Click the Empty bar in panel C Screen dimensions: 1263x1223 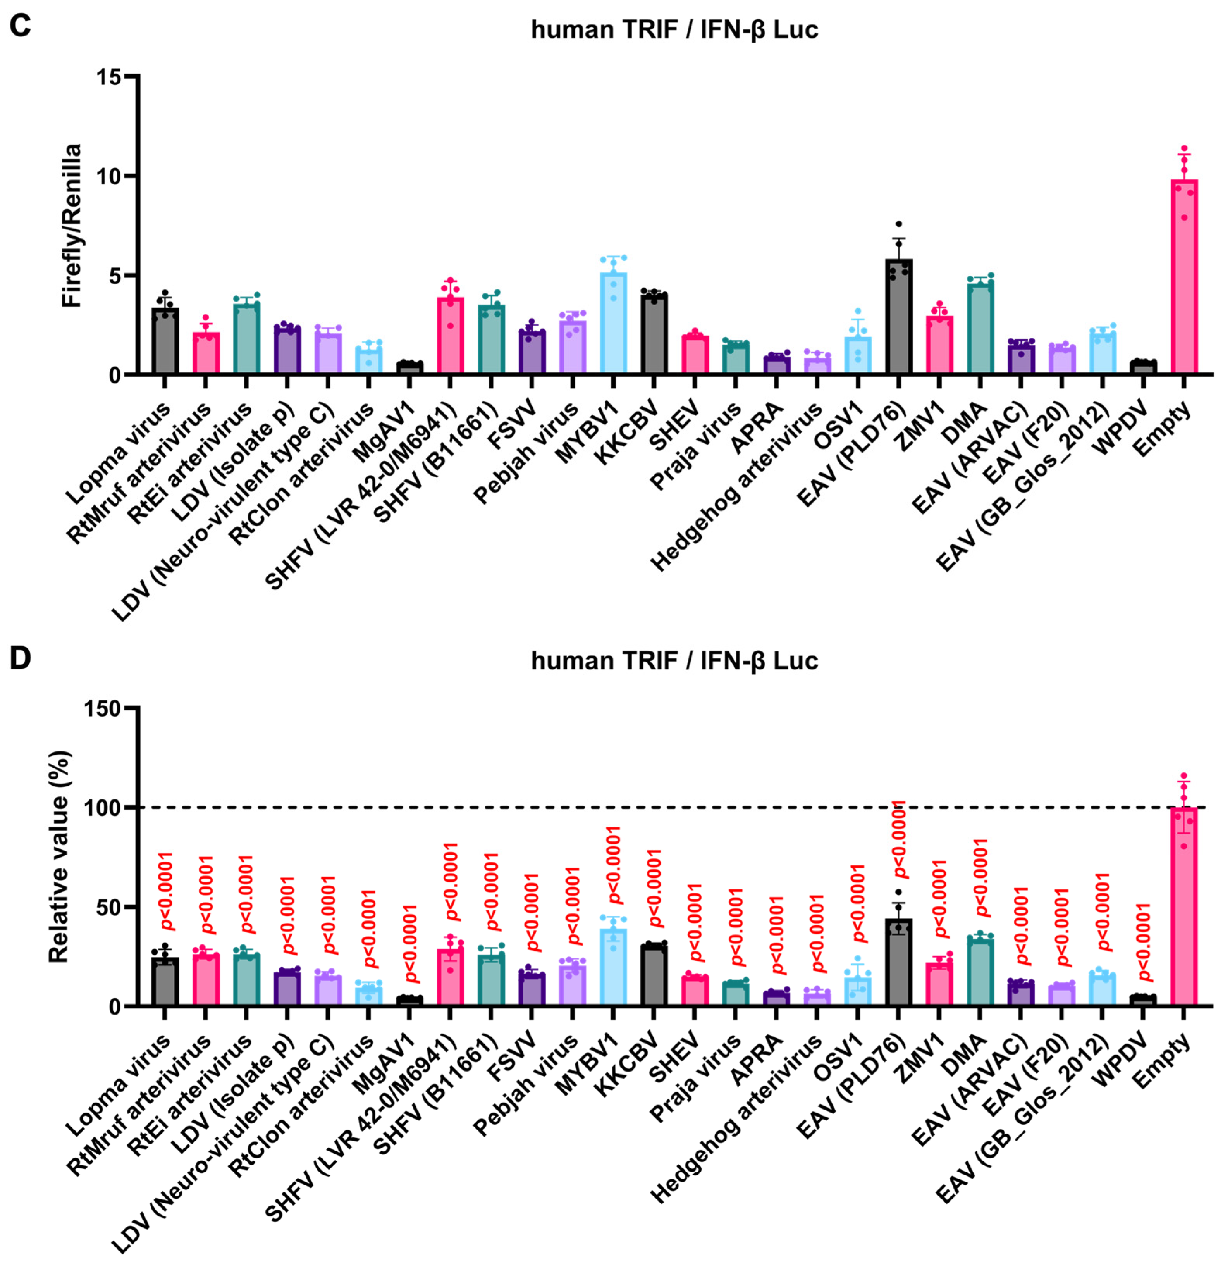click(1184, 277)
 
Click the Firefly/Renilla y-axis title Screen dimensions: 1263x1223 click(72, 226)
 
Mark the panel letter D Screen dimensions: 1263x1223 click(20, 658)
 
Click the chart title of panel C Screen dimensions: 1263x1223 click(674, 29)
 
